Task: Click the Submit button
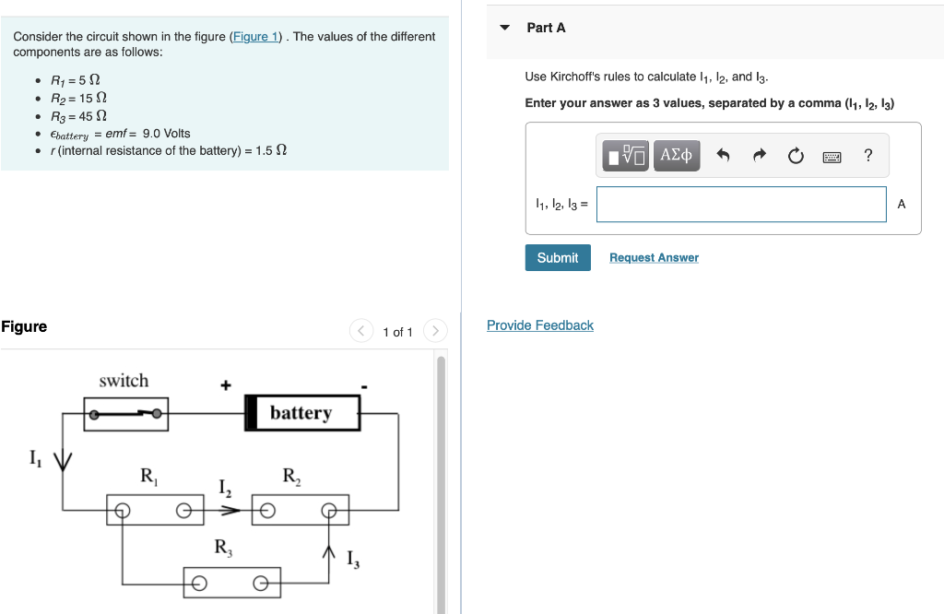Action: coord(558,258)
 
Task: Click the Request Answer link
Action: coord(654,258)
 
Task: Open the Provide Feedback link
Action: coord(540,325)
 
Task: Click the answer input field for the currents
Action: coord(741,205)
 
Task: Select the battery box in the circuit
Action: coord(301,413)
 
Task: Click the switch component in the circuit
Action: coord(126,414)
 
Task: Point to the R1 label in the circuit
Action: coord(148,477)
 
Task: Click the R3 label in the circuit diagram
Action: coord(223,547)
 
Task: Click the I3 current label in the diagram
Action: coord(352,558)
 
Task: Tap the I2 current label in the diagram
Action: coord(224,488)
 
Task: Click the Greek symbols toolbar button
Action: coord(677,155)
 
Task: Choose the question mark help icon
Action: coord(867,156)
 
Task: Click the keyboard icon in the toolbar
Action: coord(832,157)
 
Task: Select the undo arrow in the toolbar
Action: coord(724,157)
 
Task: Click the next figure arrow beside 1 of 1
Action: coord(435,332)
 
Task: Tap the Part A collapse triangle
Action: coord(504,28)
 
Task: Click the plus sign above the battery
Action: coord(225,385)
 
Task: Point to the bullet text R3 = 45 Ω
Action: coord(78,116)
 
